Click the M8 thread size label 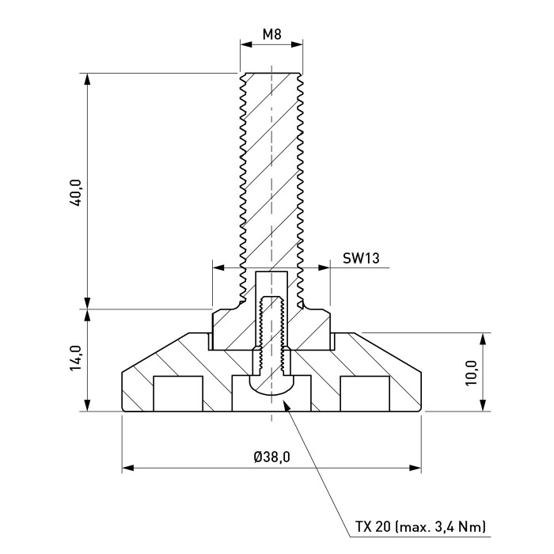click(271, 35)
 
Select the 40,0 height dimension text click(76, 192)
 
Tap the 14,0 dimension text click(76, 358)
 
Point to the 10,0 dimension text click(472, 373)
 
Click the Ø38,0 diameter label click(271, 457)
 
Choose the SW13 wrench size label click(361, 258)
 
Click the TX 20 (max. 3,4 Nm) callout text click(420, 527)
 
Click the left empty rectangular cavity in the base click(178, 393)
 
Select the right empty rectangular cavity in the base click(365, 393)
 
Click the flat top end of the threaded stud click(271, 74)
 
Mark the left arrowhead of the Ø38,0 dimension click(128, 469)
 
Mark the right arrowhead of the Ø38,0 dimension click(415, 469)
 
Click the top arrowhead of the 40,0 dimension click(88, 79)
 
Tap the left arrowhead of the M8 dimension click(246, 44)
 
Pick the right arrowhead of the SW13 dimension click(324, 268)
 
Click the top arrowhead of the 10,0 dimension click(484, 339)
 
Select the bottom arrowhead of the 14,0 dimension click(88, 405)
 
